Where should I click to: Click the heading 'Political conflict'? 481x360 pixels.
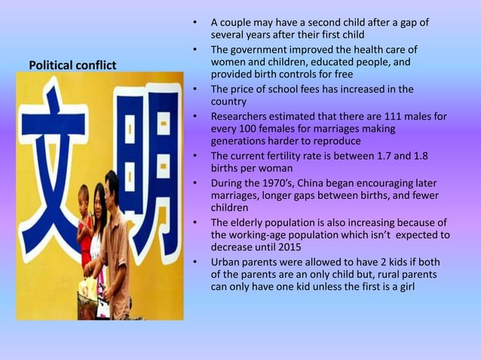[72, 66]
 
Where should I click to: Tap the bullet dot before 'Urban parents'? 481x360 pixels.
[195, 262]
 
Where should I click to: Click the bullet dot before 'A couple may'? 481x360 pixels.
[195, 23]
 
